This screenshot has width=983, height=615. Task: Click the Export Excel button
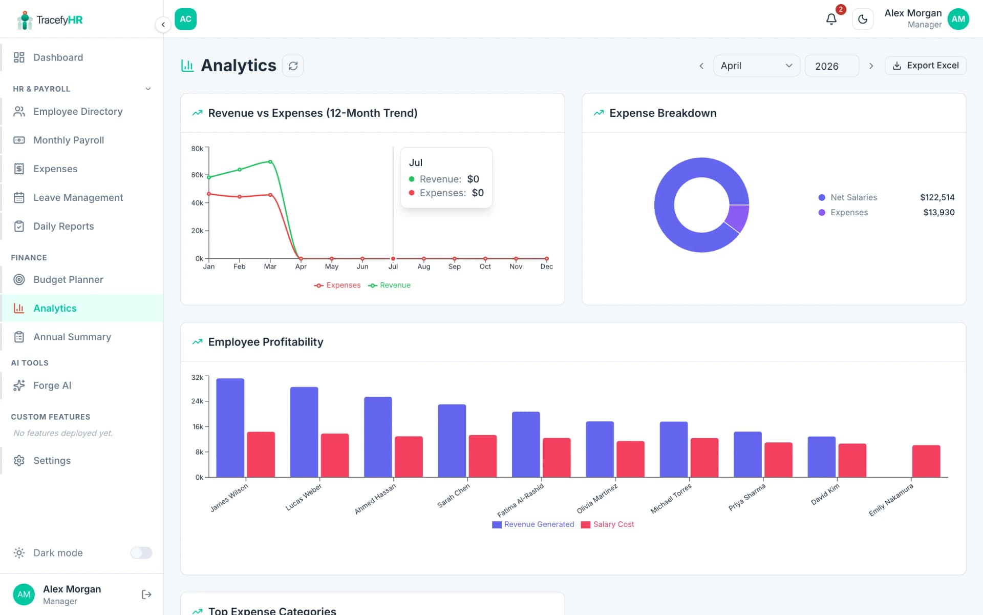pyautogui.click(x=925, y=66)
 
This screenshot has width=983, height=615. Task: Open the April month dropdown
pyautogui.click(x=756, y=66)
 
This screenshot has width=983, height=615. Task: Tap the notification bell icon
pyautogui.click(x=831, y=19)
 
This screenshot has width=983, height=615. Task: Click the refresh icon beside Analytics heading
pyautogui.click(x=293, y=66)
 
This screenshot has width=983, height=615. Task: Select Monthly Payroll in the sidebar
pyautogui.click(x=69, y=140)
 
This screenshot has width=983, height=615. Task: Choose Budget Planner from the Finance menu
pyautogui.click(x=68, y=279)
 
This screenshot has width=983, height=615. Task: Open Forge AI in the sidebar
pyautogui.click(x=52, y=385)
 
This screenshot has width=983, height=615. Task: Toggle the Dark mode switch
pyautogui.click(x=141, y=552)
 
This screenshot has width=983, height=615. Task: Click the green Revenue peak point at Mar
pyautogui.click(x=270, y=162)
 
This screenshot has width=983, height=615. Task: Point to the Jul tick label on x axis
pyautogui.click(x=393, y=266)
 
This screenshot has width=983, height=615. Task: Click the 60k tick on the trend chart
pyautogui.click(x=197, y=175)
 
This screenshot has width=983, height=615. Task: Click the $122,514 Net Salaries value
pyautogui.click(x=937, y=197)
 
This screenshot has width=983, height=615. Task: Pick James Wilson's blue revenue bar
pyautogui.click(x=230, y=427)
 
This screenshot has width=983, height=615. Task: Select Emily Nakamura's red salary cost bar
pyautogui.click(x=926, y=461)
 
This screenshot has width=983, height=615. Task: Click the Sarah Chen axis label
pyautogui.click(x=454, y=496)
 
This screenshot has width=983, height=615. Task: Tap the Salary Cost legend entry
pyautogui.click(x=608, y=524)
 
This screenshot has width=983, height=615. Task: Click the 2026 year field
pyautogui.click(x=831, y=66)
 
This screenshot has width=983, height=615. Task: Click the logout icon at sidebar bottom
pyautogui.click(x=146, y=594)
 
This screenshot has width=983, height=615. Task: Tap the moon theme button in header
pyautogui.click(x=862, y=19)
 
